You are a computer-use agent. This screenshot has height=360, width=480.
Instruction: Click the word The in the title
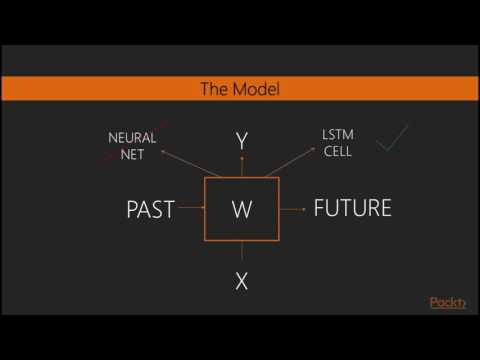[x=216, y=90]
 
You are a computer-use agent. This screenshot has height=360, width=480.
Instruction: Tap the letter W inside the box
[x=241, y=210]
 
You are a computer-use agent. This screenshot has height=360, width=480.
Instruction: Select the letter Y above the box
[x=241, y=142]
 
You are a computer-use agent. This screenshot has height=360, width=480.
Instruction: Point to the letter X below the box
[x=241, y=281]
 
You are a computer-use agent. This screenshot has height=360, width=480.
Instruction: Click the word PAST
[x=151, y=209]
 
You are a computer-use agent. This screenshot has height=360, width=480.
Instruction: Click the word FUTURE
[x=352, y=208]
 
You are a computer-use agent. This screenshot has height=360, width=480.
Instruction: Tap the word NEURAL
[x=132, y=137]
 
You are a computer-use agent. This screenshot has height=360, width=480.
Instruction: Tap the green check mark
[x=391, y=140]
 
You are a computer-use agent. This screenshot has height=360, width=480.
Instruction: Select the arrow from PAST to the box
[x=190, y=209]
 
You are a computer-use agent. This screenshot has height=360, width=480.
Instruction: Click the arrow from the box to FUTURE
[x=293, y=209]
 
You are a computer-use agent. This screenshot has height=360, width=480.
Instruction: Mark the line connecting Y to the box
[x=241, y=166]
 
